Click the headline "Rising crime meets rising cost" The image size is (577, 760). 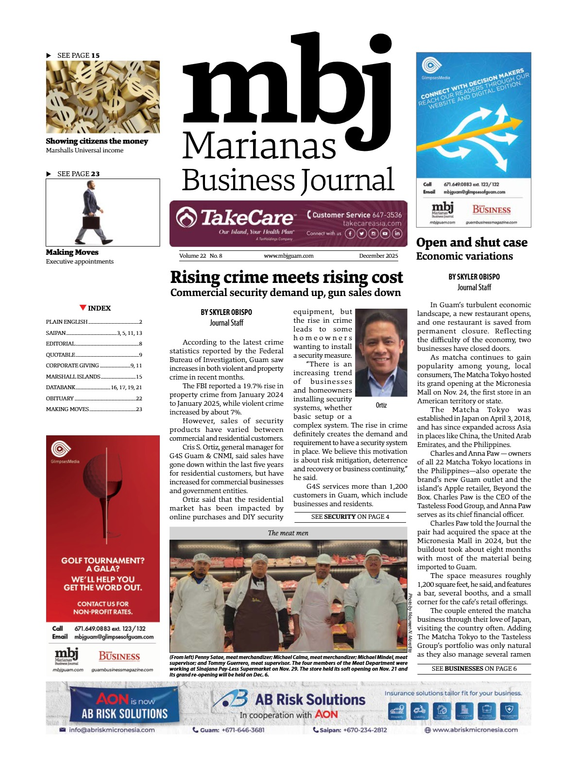287,277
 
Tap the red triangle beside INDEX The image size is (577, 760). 83,308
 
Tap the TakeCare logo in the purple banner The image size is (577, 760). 236,218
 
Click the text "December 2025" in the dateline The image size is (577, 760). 378,256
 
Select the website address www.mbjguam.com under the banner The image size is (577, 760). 288,256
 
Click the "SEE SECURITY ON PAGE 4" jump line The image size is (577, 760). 350,517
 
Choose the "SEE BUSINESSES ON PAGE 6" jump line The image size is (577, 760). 474,668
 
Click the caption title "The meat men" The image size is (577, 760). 288,533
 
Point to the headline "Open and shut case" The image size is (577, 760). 471,242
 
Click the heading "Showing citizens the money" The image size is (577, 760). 97,141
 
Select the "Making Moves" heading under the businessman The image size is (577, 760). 72,252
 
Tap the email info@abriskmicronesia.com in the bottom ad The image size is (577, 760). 112,729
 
